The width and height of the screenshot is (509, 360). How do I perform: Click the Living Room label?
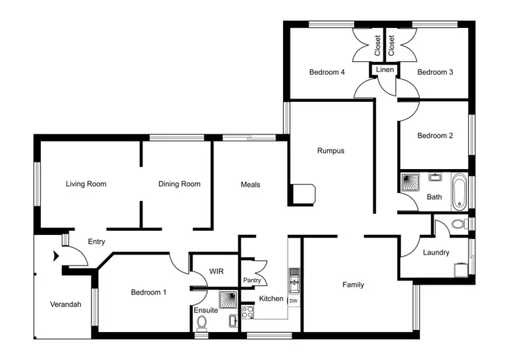point(86,184)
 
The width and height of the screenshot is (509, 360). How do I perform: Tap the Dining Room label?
point(179,184)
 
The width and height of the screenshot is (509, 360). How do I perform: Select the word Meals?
point(250,185)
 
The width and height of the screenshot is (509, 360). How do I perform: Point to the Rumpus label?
point(331,151)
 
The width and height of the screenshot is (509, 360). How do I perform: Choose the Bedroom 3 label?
point(435,72)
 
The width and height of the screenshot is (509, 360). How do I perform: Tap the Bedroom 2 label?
point(435,136)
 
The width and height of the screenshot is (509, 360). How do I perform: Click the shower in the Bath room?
point(411,181)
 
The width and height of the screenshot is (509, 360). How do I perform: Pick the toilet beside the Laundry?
point(459,224)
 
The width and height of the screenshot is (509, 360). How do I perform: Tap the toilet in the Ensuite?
point(201,328)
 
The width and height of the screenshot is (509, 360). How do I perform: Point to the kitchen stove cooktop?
point(248,313)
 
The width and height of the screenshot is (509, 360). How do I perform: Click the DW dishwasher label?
point(293,301)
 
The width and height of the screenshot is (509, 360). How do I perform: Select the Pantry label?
point(252,281)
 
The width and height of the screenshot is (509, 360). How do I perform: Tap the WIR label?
point(216,271)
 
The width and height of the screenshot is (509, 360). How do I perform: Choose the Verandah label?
point(65,304)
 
